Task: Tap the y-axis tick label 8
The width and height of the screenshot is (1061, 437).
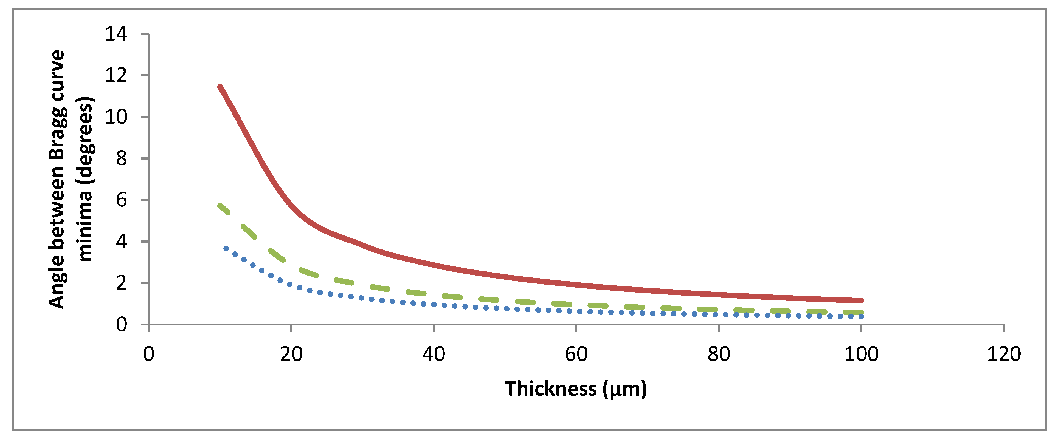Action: pyautogui.click(x=122, y=158)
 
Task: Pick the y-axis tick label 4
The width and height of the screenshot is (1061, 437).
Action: pyautogui.click(x=122, y=242)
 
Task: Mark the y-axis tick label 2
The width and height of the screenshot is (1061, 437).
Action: pyautogui.click(x=122, y=283)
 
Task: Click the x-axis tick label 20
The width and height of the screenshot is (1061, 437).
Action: pyautogui.click(x=291, y=354)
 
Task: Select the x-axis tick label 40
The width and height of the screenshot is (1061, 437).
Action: pyautogui.click(x=434, y=354)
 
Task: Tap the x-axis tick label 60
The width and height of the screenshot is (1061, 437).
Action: pyautogui.click(x=576, y=354)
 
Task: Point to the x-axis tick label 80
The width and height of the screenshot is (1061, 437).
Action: pyautogui.click(x=719, y=354)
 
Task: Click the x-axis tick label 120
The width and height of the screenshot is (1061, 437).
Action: pyautogui.click(x=1004, y=354)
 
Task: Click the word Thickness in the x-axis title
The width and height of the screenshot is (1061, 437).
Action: pyautogui.click(x=551, y=389)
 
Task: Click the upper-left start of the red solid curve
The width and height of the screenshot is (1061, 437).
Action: pyautogui.click(x=220, y=87)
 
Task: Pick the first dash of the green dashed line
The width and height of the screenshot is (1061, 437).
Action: pyautogui.click(x=224, y=209)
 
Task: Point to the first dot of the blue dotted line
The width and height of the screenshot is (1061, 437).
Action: pyautogui.click(x=226, y=249)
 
